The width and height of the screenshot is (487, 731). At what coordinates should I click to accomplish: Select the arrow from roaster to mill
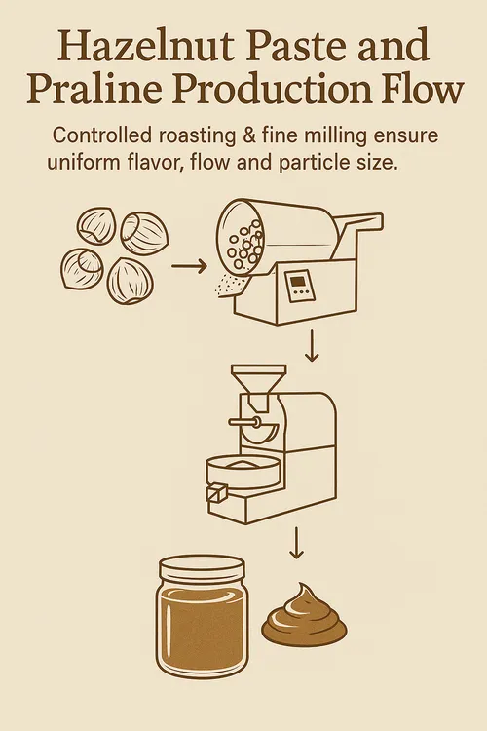coord(312,346)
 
